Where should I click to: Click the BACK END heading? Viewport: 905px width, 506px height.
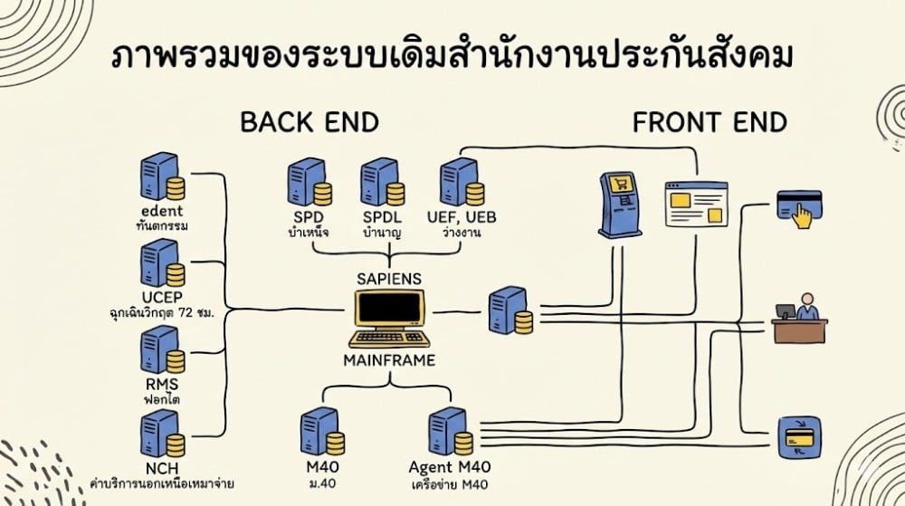click(309, 123)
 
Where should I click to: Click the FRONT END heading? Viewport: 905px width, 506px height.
click(710, 123)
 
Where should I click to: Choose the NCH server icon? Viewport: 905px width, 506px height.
click(162, 435)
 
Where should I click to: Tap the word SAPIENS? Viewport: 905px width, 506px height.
click(390, 278)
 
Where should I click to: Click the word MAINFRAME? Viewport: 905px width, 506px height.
click(390, 360)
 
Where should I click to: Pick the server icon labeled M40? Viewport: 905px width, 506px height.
click(324, 433)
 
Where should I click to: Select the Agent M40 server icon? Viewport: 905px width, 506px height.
click(449, 433)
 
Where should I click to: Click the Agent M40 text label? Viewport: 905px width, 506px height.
click(449, 467)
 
